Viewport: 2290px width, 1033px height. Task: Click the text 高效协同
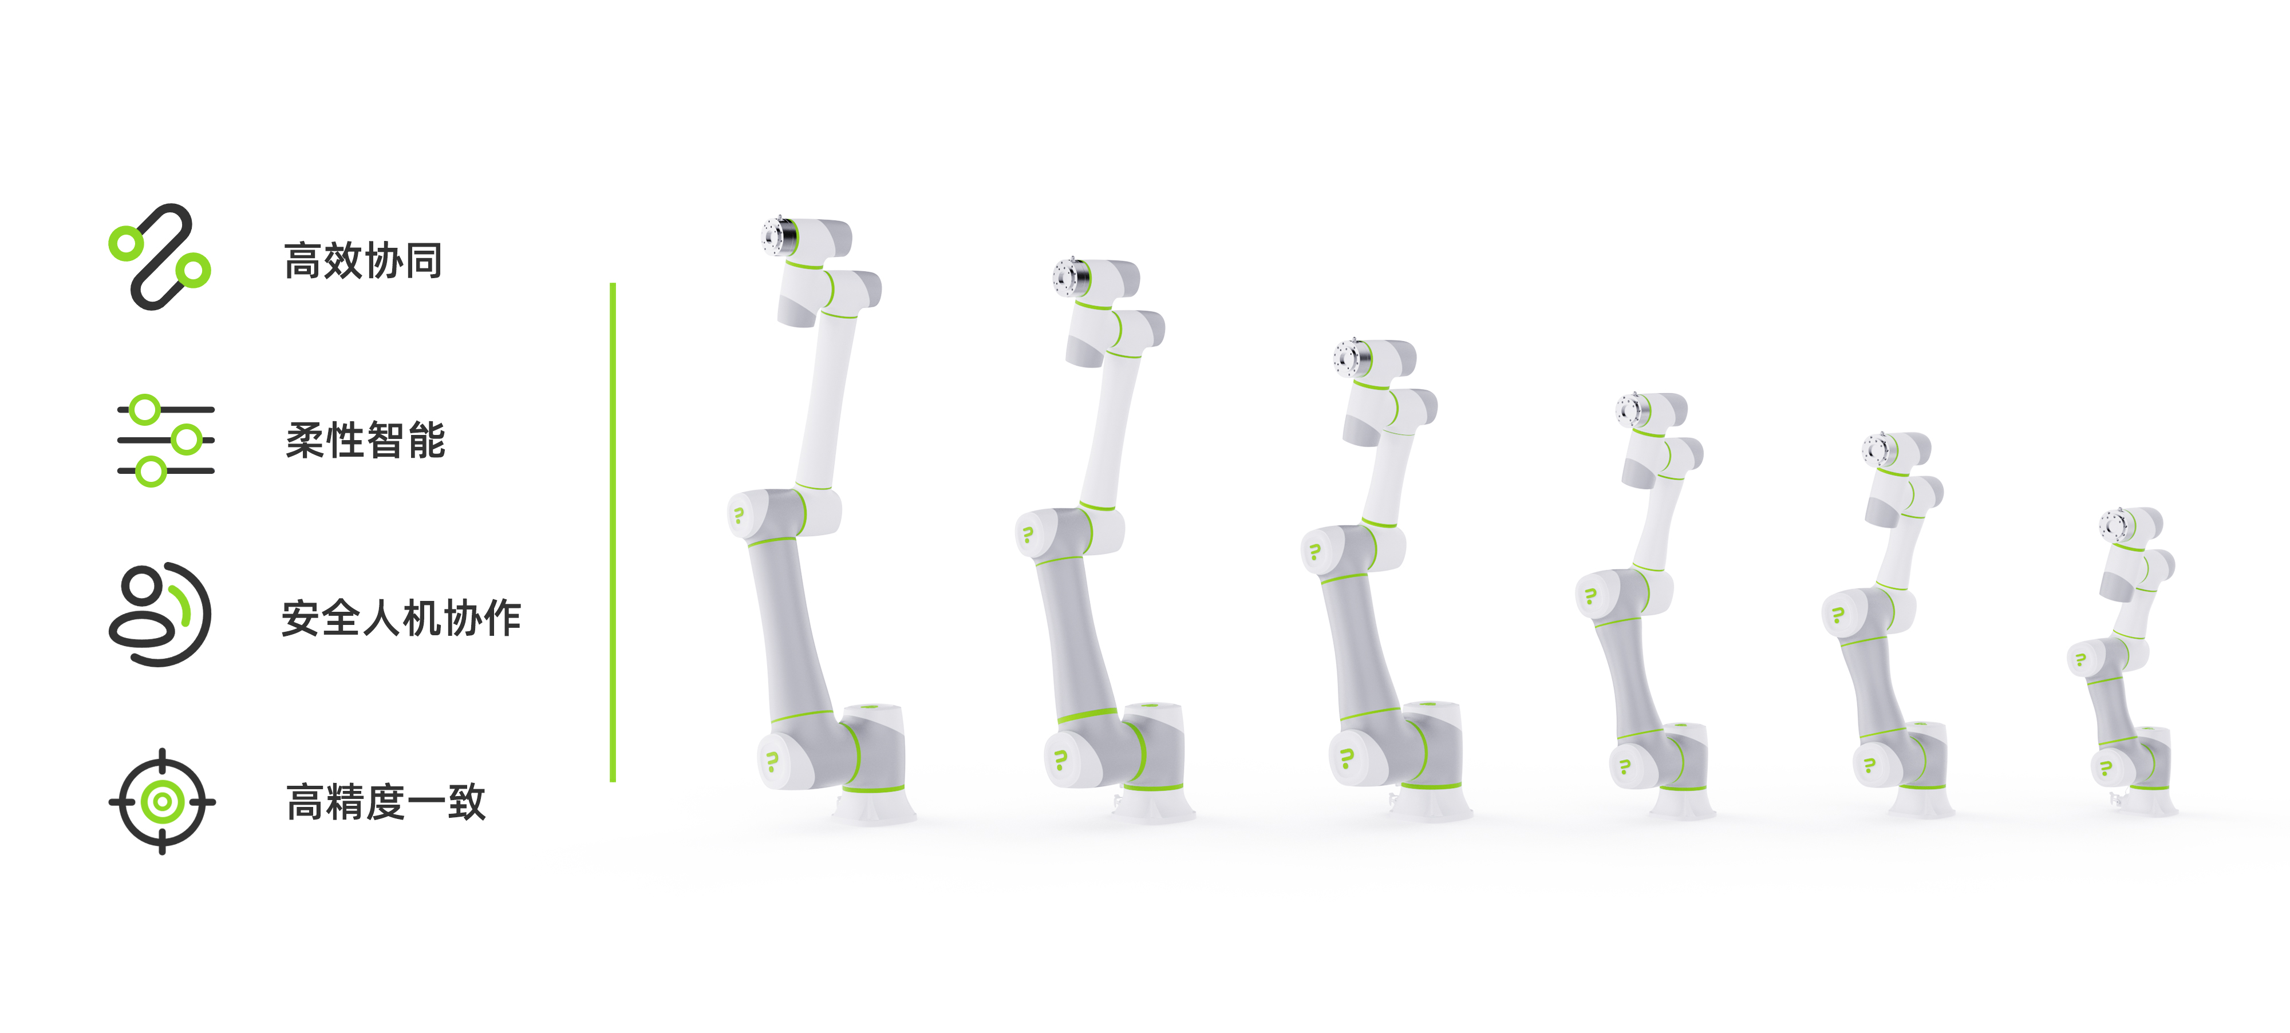(363, 260)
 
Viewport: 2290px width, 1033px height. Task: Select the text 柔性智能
(365, 440)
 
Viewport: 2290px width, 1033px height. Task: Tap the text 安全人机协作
(401, 618)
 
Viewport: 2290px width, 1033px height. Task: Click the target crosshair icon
(162, 802)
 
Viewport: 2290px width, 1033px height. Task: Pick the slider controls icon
(166, 440)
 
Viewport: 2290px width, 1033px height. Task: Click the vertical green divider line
(613, 532)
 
